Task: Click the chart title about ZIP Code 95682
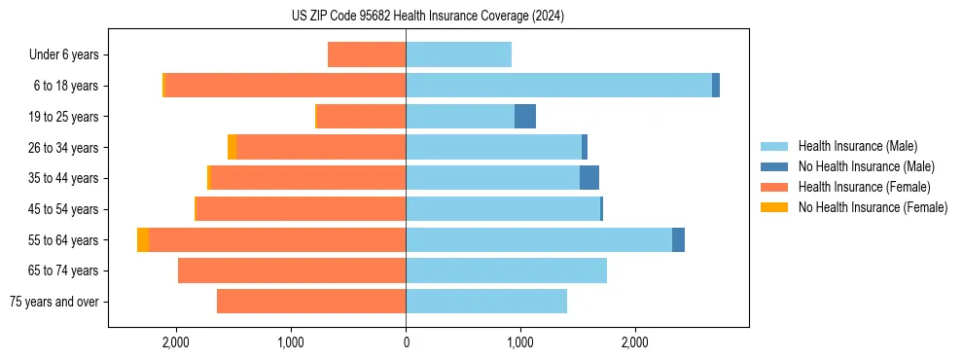427,16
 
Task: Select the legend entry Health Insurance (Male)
857,146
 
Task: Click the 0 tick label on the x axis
406,342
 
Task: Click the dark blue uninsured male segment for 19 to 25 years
525,117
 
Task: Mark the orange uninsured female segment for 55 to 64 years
143,240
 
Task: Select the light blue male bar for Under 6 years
458,55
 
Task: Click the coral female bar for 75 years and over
311,302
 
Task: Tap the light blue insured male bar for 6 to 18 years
558,86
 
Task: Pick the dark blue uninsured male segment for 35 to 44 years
589,178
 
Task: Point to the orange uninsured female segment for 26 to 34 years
232,147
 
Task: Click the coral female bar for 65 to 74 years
292,270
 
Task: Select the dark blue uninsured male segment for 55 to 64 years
678,240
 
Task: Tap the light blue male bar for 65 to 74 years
506,270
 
